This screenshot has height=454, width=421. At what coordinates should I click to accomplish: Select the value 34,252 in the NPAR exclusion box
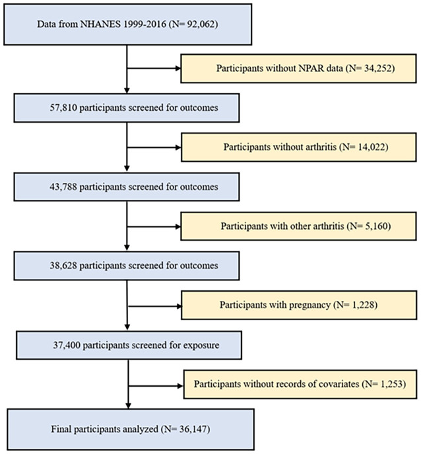click(377, 69)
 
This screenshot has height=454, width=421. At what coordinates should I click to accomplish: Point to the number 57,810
click(63, 108)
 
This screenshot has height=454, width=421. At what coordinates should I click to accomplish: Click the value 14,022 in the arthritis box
click(371, 147)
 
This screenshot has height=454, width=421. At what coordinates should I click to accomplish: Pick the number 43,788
click(63, 187)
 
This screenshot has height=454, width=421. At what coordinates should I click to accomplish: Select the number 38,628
click(63, 265)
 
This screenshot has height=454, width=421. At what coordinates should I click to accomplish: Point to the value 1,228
click(363, 305)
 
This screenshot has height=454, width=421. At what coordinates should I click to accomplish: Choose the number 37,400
click(67, 345)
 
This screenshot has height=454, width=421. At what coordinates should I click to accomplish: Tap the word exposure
click(201, 346)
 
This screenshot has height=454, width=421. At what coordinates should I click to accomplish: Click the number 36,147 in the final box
click(193, 429)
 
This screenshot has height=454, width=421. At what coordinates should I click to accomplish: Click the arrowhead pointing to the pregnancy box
click(179, 306)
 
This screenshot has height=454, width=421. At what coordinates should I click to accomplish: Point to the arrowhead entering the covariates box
click(180, 386)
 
